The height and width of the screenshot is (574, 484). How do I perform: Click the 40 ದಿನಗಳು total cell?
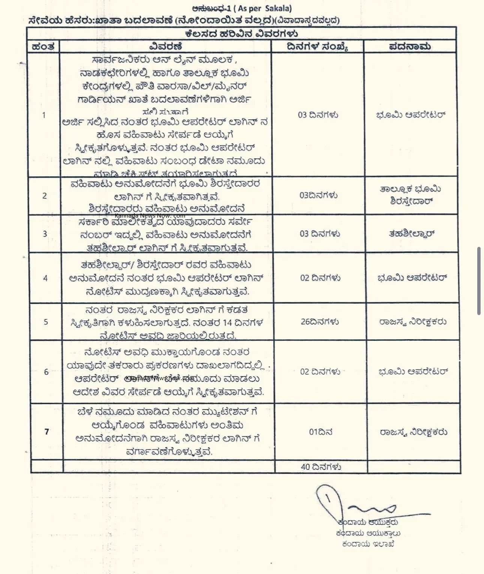tap(321, 467)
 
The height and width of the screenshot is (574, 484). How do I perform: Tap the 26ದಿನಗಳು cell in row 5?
tap(320, 322)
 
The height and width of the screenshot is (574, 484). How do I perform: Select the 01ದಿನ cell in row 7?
tap(320, 432)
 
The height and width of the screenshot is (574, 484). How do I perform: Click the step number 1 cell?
tap(44, 115)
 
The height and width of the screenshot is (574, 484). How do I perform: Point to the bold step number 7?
tap(47, 432)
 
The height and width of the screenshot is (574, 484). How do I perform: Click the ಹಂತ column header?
tap(44, 47)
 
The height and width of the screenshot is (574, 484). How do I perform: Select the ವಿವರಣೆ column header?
tap(165, 47)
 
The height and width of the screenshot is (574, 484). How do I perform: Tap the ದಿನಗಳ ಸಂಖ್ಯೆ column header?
tap(317, 47)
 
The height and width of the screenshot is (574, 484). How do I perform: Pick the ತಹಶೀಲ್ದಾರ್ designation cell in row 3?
tap(411, 234)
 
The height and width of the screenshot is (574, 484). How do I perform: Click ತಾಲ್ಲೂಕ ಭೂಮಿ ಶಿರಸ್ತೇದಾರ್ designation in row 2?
tap(411, 195)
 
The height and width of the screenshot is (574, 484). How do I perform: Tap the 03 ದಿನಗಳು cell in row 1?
tap(318, 115)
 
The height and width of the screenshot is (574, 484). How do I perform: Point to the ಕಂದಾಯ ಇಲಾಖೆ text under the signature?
tap(368, 544)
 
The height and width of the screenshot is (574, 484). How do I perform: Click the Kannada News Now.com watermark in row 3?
tap(150, 216)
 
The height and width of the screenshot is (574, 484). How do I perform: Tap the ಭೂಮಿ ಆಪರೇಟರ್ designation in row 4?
tap(412, 278)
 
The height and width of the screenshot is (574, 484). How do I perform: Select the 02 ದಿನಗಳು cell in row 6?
tap(320, 372)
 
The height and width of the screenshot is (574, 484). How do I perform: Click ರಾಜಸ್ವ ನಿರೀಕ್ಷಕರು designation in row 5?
tap(413, 322)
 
